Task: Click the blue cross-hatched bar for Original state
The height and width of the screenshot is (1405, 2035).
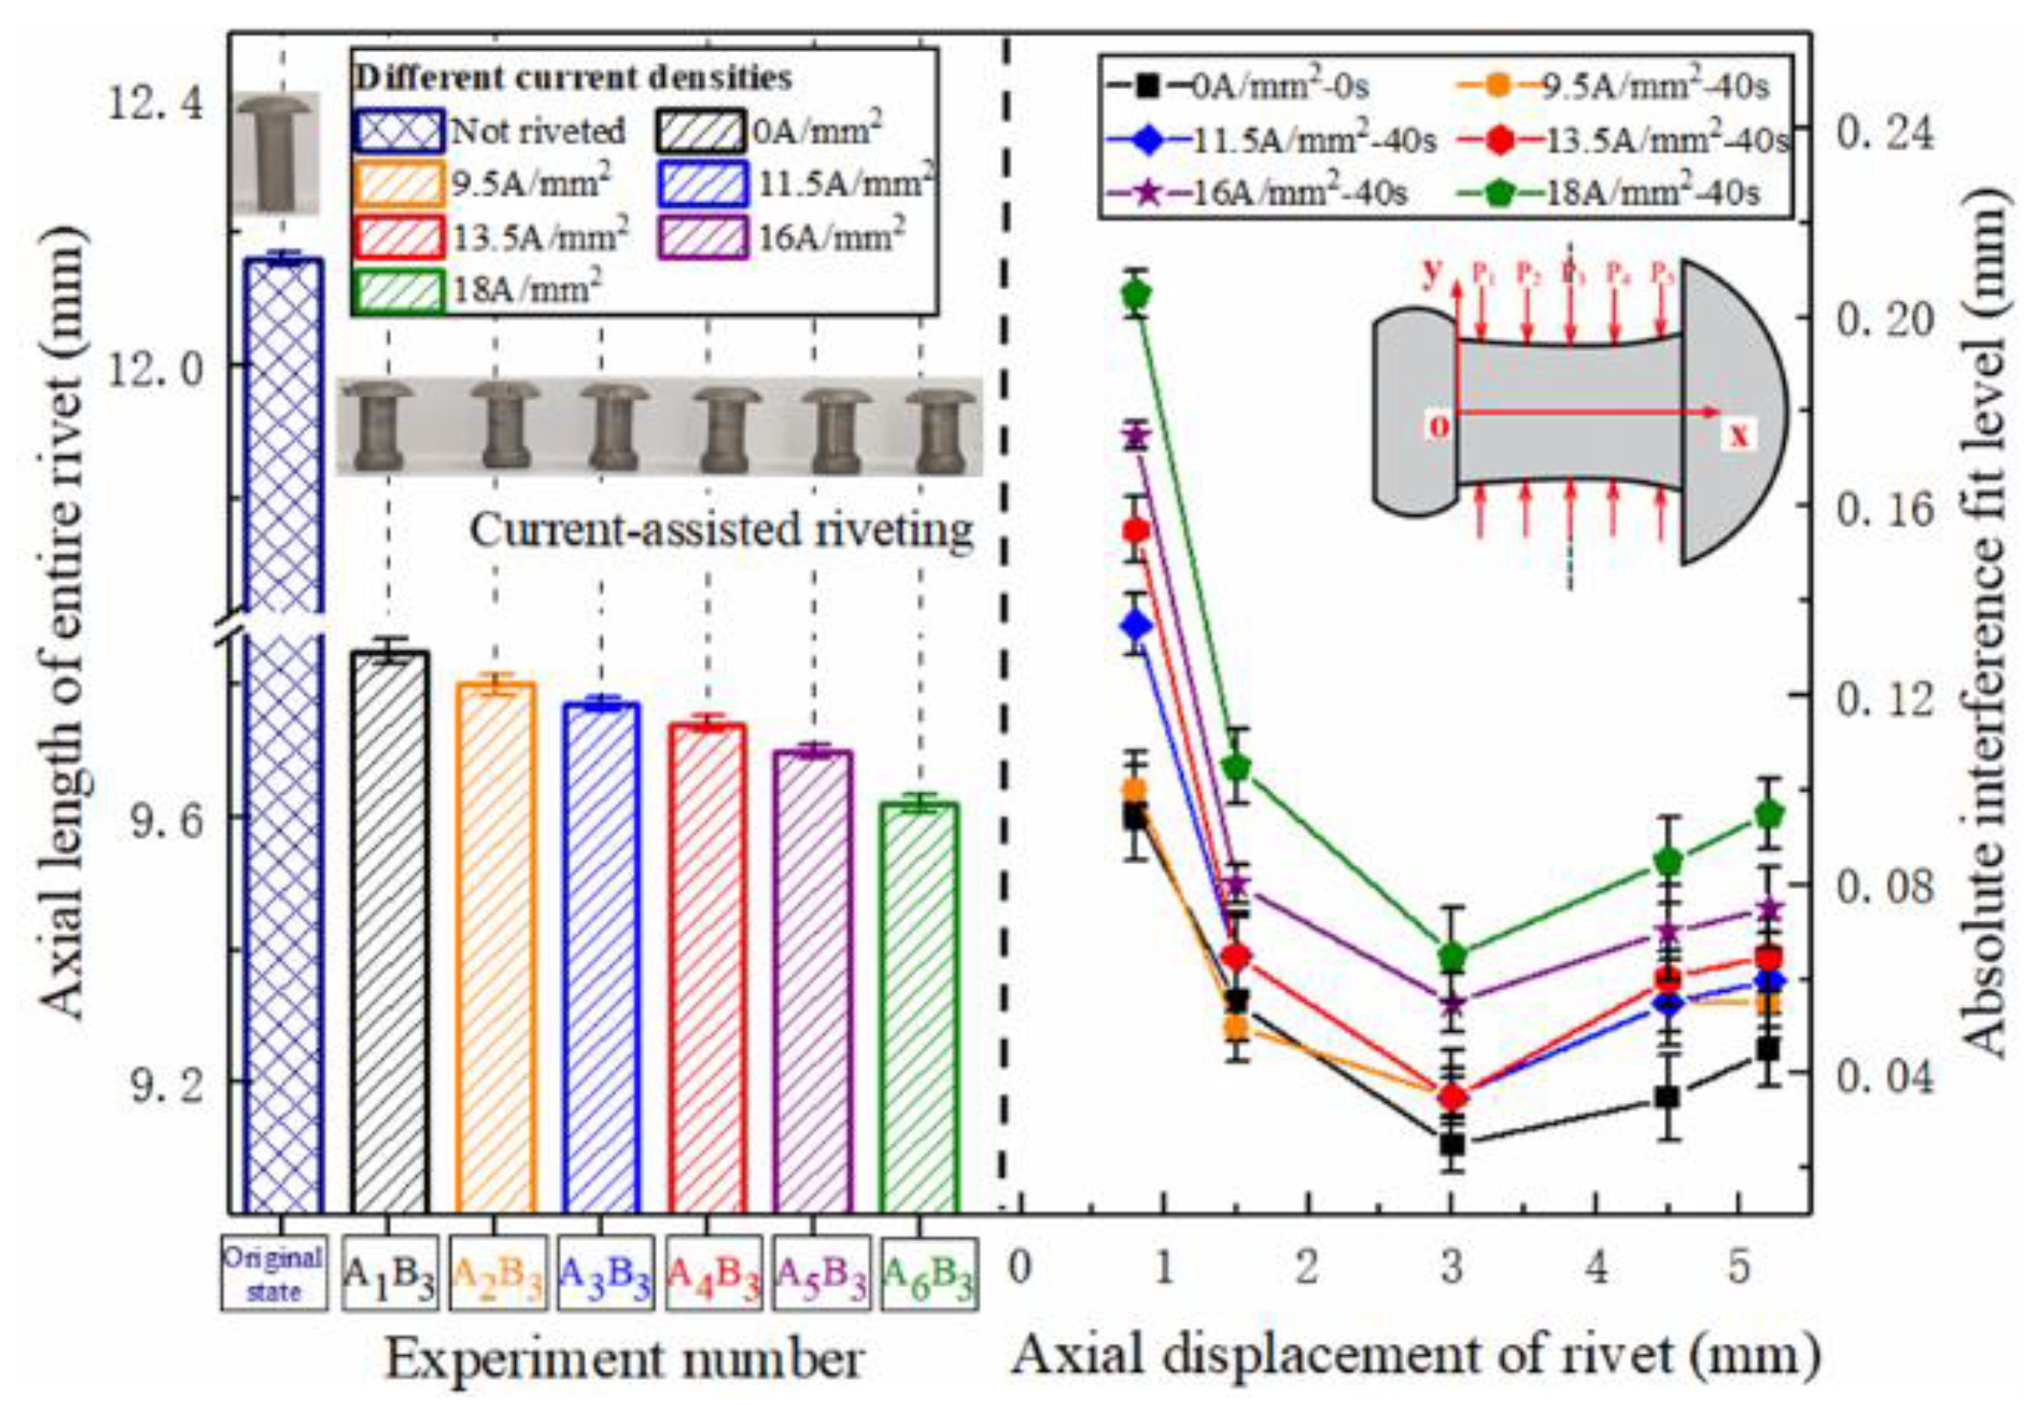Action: pyautogui.click(x=282, y=729)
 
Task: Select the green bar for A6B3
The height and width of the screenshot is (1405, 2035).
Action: pyautogui.click(x=920, y=1007)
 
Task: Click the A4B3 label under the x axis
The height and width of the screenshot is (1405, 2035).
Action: pyautogui.click(x=713, y=1274)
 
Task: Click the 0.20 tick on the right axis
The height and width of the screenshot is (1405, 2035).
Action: pyautogui.click(x=1881, y=318)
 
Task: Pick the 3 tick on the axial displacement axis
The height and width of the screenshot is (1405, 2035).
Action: pyautogui.click(x=1452, y=1268)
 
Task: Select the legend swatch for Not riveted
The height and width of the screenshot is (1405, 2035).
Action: pyautogui.click(x=398, y=130)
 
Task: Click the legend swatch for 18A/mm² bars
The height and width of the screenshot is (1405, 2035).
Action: pyautogui.click(x=398, y=291)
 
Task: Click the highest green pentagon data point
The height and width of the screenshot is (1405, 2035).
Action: pyautogui.click(x=1137, y=293)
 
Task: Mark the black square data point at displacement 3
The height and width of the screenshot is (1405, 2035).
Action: pyautogui.click(x=1452, y=1143)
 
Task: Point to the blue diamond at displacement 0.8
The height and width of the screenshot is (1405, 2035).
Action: pyautogui.click(x=1137, y=625)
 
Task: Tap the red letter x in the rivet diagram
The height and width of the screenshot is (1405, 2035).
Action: pyautogui.click(x=1738, y=436)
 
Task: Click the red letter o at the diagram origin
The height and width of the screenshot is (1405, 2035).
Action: pyautogui.click(x=1439, y=425)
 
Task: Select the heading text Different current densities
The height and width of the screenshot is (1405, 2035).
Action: pyautogui.click(x=573, y=77)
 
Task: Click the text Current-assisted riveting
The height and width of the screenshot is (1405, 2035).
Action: pyautogui.click(x=721, y=529)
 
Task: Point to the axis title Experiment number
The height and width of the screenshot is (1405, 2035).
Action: pyautogui.click(x=624, y=1358)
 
